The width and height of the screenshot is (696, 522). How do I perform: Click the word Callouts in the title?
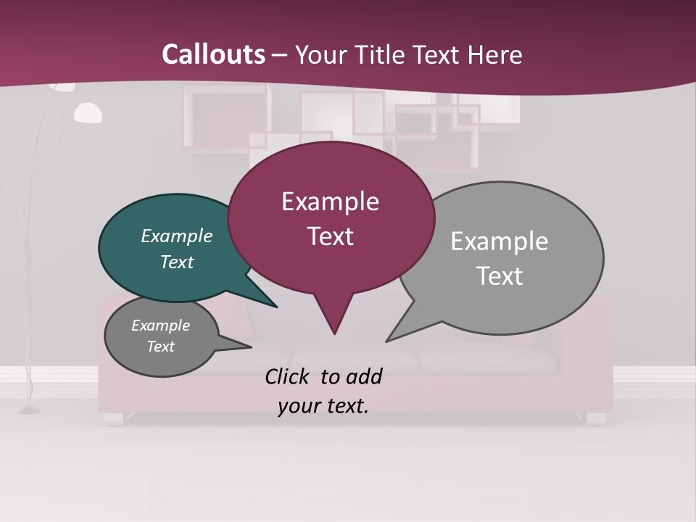213,54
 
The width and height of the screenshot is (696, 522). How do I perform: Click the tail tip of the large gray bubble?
387,341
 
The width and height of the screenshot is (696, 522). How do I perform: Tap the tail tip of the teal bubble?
276,307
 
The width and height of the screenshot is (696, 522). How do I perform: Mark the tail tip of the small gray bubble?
251,347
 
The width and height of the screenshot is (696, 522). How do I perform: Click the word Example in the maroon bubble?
330,202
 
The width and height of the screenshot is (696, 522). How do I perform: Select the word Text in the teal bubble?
177,262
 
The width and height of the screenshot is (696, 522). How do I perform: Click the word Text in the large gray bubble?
500,276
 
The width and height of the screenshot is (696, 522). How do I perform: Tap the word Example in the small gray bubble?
160,326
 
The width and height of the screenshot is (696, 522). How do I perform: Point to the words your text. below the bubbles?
323,406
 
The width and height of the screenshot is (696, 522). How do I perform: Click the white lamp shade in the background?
88,112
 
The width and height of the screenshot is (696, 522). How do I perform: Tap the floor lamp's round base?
29,410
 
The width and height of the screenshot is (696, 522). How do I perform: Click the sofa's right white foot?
596,418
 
